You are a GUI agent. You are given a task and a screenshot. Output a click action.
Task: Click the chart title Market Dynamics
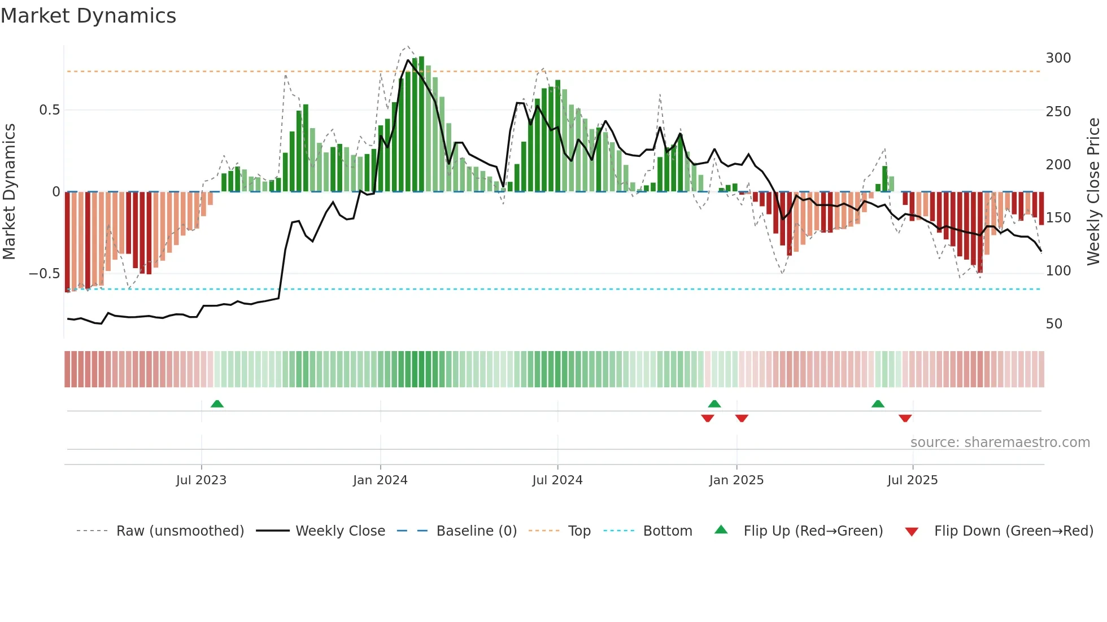88,16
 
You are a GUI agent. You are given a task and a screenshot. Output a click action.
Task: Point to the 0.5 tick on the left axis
50,110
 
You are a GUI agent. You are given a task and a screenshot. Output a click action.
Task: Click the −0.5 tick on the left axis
45,274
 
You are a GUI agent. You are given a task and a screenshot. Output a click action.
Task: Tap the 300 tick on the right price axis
1058,58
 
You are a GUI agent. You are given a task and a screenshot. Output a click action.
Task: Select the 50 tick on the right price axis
1054,324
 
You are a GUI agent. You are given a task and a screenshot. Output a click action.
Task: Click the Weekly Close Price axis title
1093,191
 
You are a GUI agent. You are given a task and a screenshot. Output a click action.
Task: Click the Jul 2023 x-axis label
201,480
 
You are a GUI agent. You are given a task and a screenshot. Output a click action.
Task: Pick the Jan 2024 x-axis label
380,480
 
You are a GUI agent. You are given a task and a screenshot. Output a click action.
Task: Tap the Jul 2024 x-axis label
557,480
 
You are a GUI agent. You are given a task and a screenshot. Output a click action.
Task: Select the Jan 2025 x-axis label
736,480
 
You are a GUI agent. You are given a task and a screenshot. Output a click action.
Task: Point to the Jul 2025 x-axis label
912,480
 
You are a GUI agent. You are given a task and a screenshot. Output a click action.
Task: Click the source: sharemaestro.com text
1000,443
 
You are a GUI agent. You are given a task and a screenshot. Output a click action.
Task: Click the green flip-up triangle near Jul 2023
217,404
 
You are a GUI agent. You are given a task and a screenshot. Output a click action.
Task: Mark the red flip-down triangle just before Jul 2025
905,418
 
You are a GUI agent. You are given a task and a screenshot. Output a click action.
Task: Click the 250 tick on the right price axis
1058,112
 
